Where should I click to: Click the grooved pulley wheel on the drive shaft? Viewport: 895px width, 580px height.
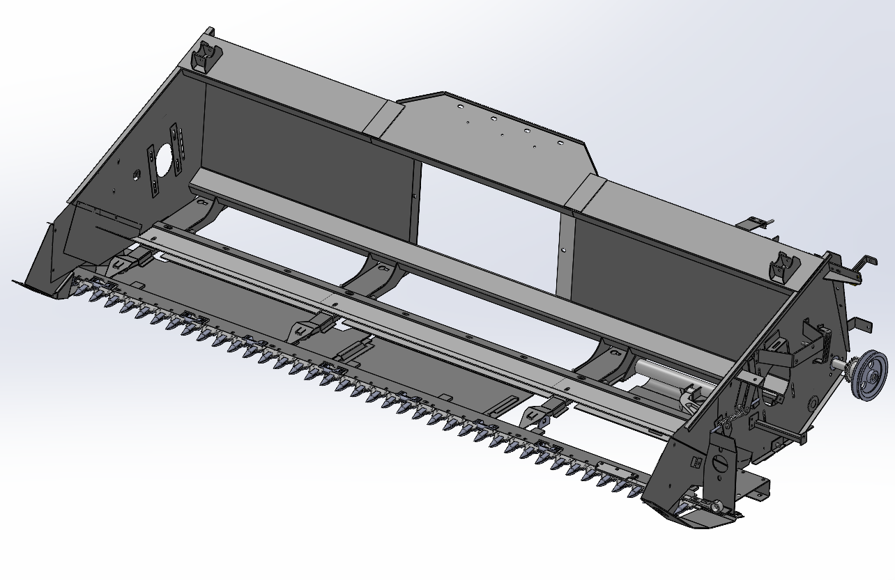[x=869, y=376]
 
